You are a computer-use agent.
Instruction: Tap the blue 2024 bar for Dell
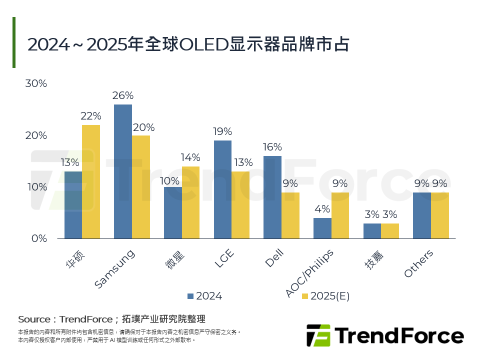pos(272,197)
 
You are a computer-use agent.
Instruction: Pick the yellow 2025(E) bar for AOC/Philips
pos(340,215)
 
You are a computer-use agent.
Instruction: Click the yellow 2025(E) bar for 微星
pos(190,202)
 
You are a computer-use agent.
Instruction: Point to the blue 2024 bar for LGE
pos(222,189)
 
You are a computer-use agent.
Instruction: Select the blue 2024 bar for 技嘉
pos(372,231)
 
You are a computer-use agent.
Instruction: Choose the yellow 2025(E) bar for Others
pos(440,215)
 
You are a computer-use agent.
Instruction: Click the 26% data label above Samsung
pos(123,95)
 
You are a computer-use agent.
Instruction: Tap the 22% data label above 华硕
pos(91,116)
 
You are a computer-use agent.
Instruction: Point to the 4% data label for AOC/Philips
pos(322,209)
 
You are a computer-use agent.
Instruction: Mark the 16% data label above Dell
pos(272,147)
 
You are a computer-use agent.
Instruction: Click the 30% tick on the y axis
pos(36,84)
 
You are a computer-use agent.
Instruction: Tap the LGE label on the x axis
pos(224,259)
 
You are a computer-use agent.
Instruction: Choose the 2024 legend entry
pos(204,296)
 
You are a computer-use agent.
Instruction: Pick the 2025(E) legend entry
pos(325,296)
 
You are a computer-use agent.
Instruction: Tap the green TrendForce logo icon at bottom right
pos(318,335)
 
